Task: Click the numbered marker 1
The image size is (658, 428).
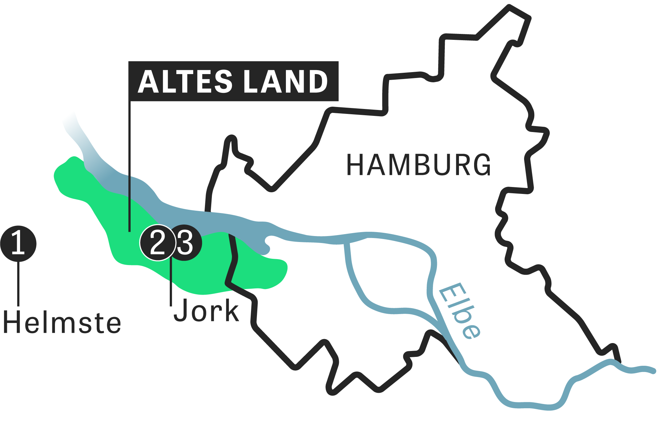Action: (x=18, y=244)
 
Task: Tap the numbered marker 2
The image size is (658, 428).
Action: (x=158, y=243)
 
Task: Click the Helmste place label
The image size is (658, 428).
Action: (x=62, y=323)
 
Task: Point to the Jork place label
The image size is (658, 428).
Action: (x=206, y=310)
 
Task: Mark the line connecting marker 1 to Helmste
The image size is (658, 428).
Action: (x=18, y=283)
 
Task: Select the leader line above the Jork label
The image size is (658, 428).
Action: (x=171, y=283)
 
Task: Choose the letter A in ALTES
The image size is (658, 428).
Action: (x=148, y=81)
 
